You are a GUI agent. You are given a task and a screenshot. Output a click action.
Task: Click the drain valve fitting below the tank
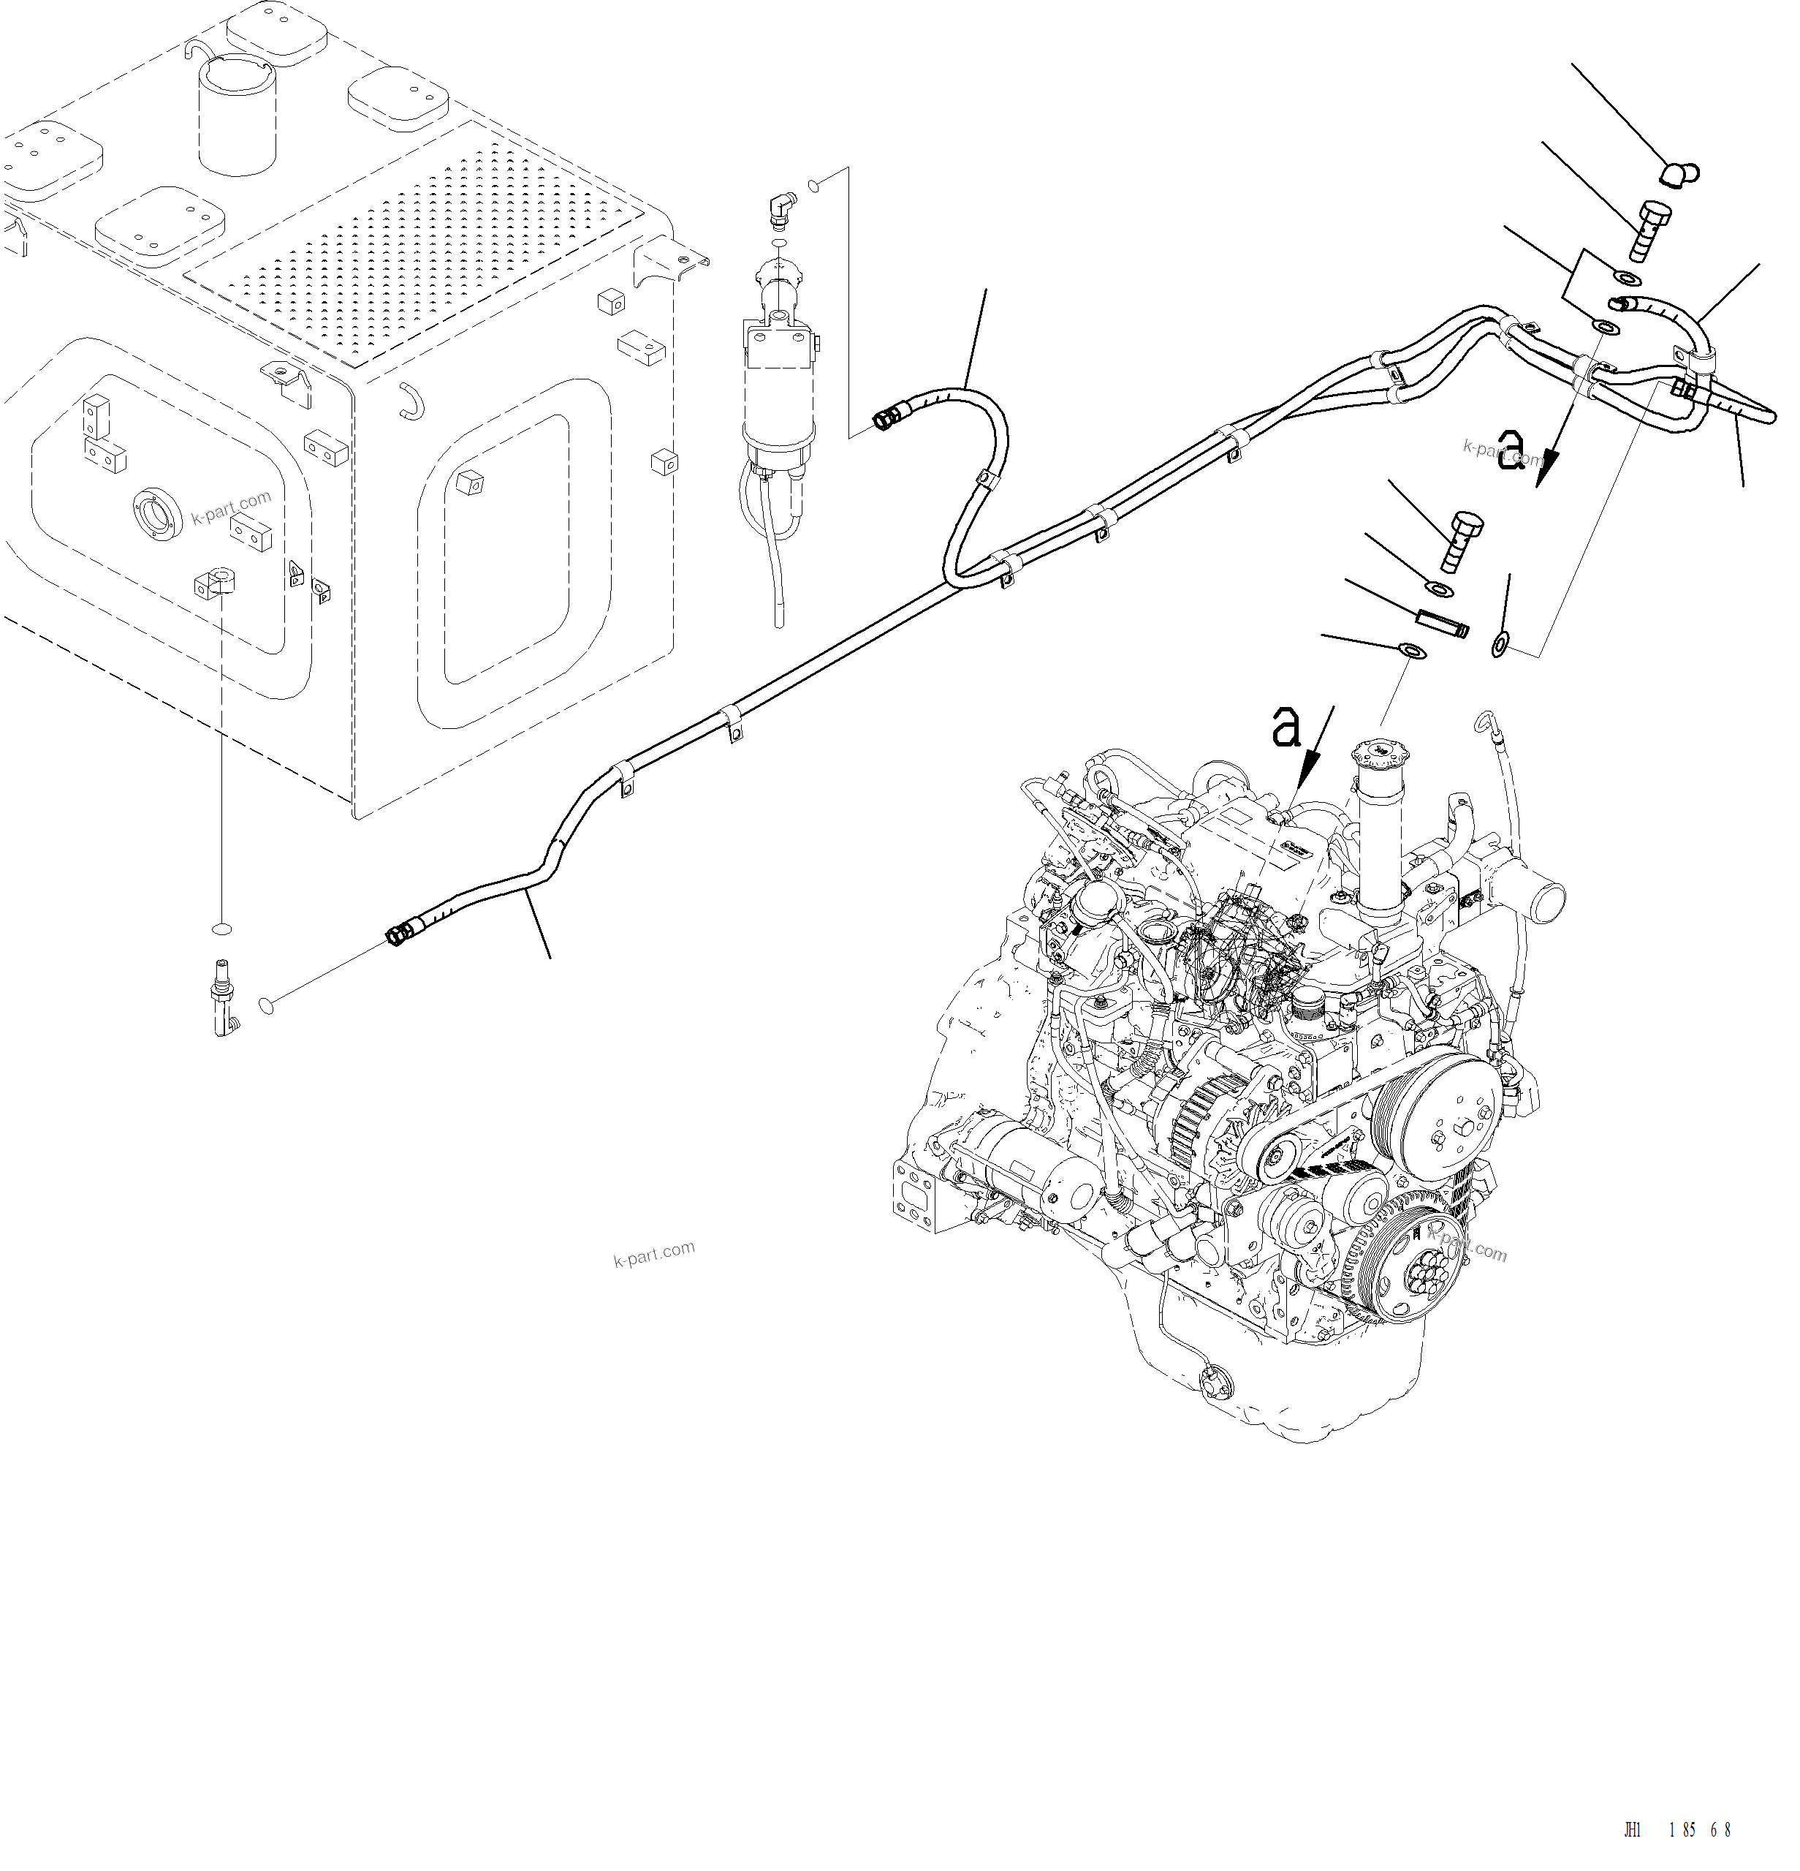point(224,997)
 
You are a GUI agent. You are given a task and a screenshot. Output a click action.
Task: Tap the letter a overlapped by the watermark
point(1513,449)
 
